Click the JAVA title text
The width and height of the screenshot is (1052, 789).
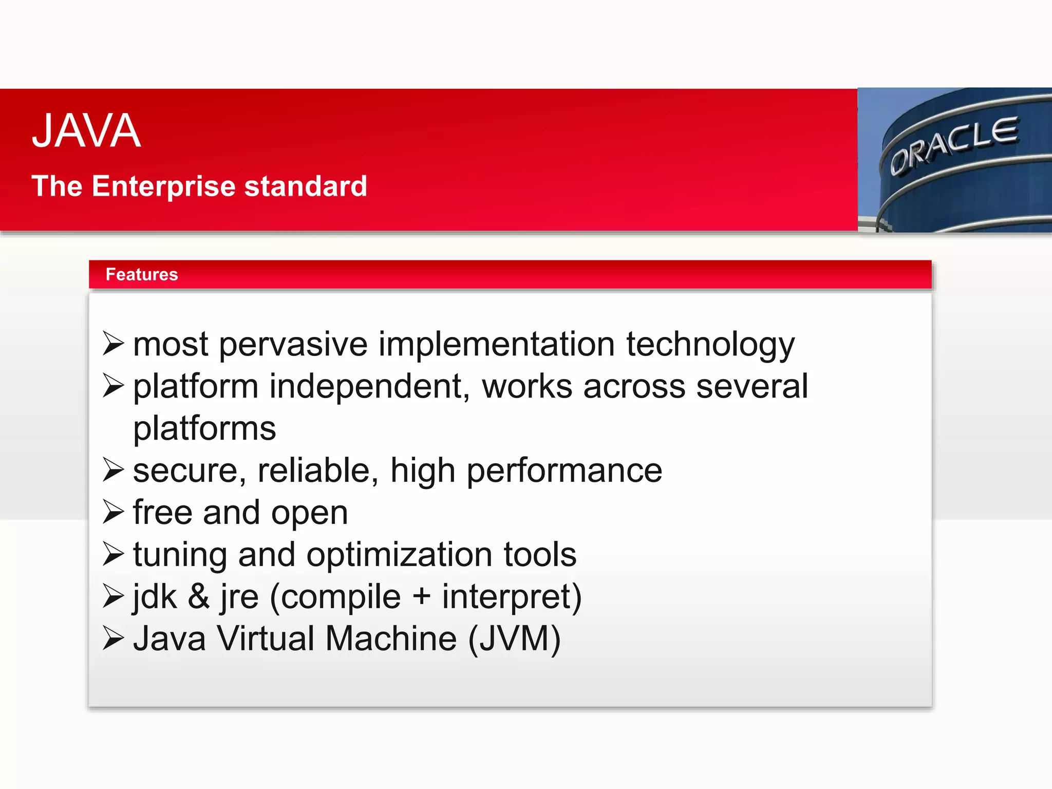(x=86, y=131)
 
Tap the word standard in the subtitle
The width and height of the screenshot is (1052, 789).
(x=306, y=186)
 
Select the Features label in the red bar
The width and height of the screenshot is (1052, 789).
(x=142, y=274)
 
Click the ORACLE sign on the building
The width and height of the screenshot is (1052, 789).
(x=954, y=146)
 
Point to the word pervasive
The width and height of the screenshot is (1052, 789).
(x=293, y=345)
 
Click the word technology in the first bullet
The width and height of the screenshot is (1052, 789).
(x=710, y=345)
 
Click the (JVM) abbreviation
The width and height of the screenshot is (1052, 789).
(x=514, y=640)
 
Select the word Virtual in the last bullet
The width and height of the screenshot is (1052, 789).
(x=266, y=639)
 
